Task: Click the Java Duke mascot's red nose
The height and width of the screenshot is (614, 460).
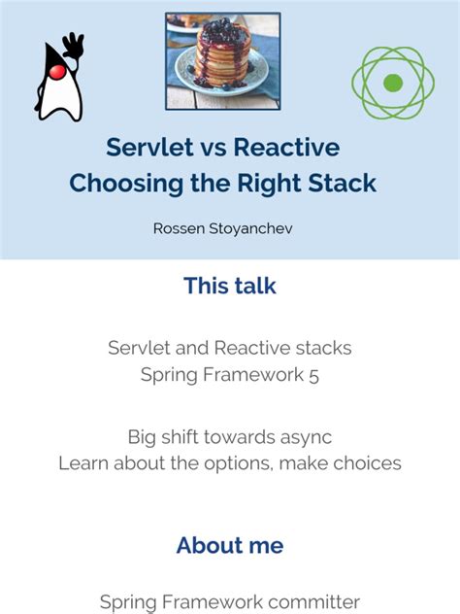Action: click(57, 73)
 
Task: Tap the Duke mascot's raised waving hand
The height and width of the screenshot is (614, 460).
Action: click(73, 45)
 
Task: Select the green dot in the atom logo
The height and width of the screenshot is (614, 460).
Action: click(392, 83)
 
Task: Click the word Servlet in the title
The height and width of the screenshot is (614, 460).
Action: click(145, 148)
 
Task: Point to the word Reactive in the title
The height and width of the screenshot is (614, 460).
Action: click(289, 148)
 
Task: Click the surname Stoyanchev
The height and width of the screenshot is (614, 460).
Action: click(257, 228)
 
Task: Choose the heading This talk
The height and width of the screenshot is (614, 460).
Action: click(230, 286)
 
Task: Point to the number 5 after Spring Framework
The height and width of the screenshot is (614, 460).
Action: click(312, 374)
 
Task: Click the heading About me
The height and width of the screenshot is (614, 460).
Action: click(230, 545)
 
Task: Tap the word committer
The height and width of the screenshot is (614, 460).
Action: click(313, 602)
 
